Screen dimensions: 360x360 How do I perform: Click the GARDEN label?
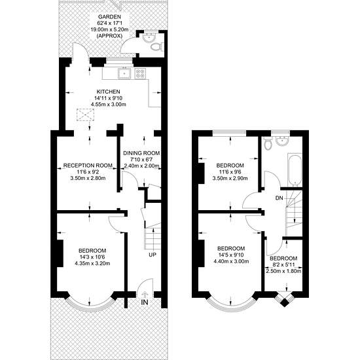[109, 17]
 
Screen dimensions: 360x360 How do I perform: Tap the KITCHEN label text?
[108, 92]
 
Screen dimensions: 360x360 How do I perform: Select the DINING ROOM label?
[141, 153]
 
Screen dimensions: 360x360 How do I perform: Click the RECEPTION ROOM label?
[88, 166]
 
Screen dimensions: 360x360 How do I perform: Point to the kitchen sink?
[124, 73]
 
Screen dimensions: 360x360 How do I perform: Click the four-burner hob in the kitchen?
[141, 73]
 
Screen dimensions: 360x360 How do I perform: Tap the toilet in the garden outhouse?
[157, 47]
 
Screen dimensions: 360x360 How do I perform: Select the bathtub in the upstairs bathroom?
[295, 170]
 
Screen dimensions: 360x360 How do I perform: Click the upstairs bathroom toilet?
[268, 143]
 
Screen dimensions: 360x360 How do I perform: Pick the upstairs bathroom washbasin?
[282, 141]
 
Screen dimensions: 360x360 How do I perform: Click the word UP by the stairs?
[153, 255]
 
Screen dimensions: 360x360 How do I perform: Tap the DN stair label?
[279, 198]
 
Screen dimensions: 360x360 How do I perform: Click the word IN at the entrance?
[145, 302]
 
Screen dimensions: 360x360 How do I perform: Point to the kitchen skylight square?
[85, 115]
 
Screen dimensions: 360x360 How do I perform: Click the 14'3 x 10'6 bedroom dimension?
[92, 257]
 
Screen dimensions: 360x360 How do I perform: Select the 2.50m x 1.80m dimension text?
[283, 271]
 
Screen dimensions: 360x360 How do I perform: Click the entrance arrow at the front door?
[145, 295]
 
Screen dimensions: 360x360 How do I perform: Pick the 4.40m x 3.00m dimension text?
[231, 261]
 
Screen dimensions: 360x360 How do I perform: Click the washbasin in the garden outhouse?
[149, 37]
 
